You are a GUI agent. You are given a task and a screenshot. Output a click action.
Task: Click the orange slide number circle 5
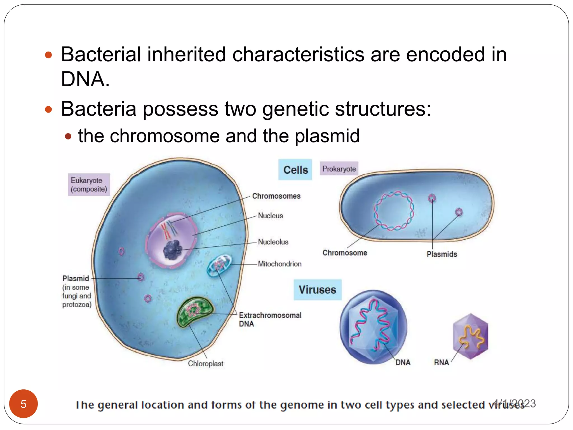click(x=24, y=404)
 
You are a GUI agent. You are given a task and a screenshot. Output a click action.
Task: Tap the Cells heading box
click(x=295, y=170)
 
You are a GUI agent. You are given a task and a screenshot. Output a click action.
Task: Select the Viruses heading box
click(x=317, y=290)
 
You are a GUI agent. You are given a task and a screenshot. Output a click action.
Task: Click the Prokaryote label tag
click(x=339, y=169)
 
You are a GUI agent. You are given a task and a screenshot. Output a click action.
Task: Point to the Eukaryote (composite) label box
click(x=89, y=184)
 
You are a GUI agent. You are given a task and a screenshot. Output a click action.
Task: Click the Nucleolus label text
click(x=273, y=242)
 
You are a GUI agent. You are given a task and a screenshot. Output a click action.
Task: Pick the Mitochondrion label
click(x=280, y=264)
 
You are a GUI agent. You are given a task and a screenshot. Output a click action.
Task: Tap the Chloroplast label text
click(x=206, y=363)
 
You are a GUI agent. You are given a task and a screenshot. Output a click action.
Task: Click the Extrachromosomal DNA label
click(x=270, y=319)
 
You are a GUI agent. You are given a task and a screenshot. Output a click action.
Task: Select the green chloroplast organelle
click(x=195, y=311)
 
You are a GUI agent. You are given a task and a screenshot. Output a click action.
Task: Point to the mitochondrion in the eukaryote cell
click(x=219, y=265)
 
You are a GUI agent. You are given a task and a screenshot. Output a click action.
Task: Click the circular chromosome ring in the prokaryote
click(x=394, y=211)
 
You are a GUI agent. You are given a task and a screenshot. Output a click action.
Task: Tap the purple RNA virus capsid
click(x=471, y=336)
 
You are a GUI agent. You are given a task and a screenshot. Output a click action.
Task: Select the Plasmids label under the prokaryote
click(x=442, y=254)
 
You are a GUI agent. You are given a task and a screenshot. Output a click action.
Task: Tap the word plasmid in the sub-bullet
click(x=327, y=136)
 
